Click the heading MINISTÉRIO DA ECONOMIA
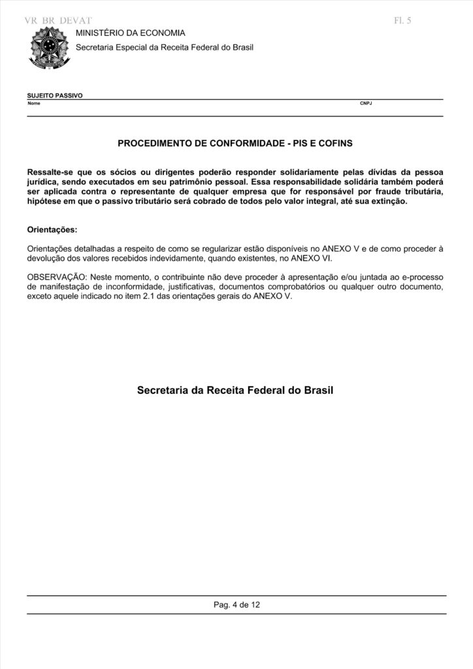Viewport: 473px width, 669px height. point(131,33)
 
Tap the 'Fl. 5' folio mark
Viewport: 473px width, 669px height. point(403,20)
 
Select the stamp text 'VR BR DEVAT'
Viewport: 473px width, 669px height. point(57,21)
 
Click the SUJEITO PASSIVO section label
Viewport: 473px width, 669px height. point(55,95)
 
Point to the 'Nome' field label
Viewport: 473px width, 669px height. point(34,103)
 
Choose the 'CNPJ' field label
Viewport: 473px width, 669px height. point(366,103)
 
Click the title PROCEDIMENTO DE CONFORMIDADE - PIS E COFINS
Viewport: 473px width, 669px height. point(235,142)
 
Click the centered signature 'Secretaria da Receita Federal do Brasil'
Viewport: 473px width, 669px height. point(235,391)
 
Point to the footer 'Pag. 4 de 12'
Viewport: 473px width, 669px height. point(236,605)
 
